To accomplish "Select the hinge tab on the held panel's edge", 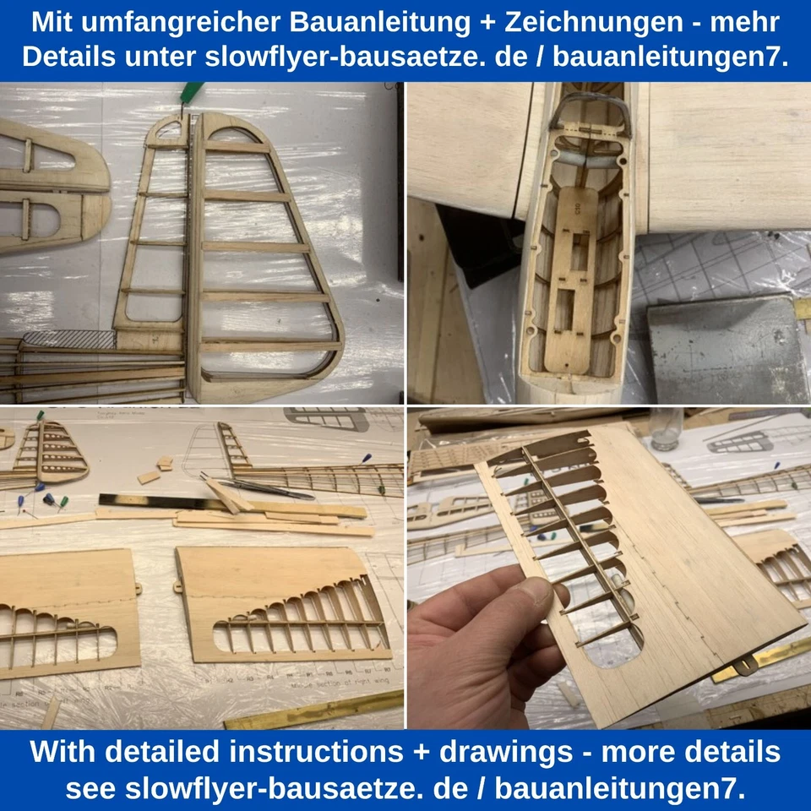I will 743,668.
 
